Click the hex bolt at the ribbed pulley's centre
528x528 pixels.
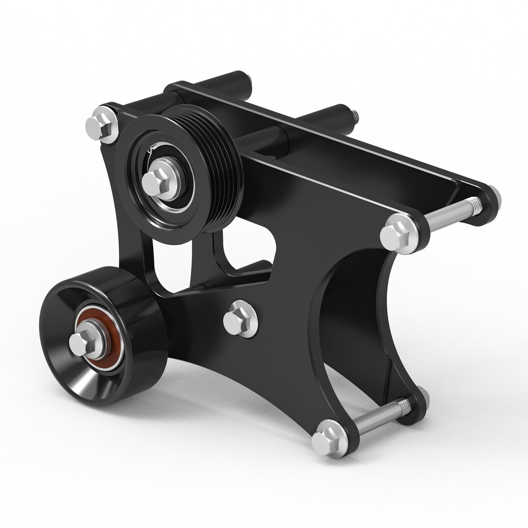pos(158,180)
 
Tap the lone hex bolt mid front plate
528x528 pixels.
pos(240,319)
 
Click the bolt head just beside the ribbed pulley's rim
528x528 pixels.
pos(102,125)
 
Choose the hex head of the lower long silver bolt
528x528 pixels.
pos(330,438)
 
